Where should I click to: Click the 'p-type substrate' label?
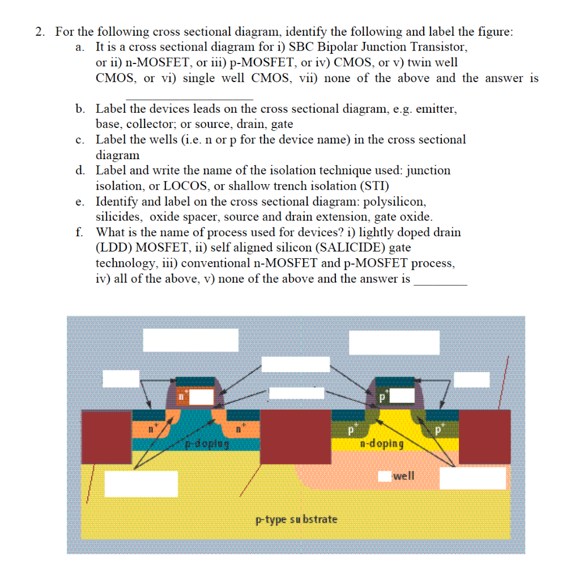click(296, 519)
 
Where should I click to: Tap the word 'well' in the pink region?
click(403, 475)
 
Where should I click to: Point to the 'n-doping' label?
click(382, 443)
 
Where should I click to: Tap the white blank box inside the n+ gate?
click(201, 396)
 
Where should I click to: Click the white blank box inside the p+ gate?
click(402, 395)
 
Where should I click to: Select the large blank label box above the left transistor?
click(190, 340)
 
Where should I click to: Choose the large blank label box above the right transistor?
click(394, 342)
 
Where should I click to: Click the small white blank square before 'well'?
click(385, 476)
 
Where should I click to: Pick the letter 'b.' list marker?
click(80, 108)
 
